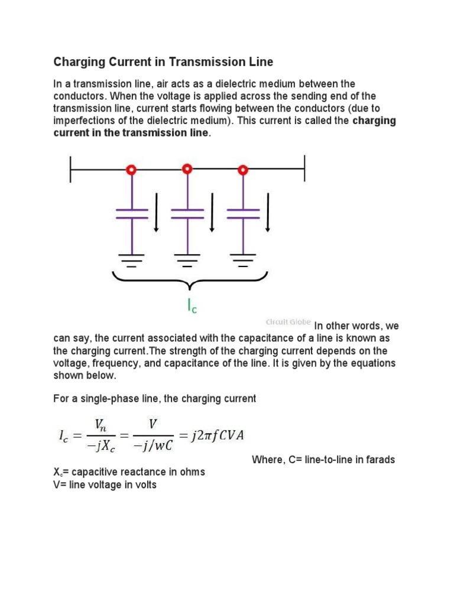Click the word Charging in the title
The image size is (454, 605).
(x=76, y=61)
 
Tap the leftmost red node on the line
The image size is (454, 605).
(x=131, y=170)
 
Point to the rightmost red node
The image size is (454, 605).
(x=242, y=170)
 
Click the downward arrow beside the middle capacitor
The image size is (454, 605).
(x=212, y=213)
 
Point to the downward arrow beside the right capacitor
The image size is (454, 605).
(x=268, y=213)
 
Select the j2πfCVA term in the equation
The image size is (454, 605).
(x=216, y=436)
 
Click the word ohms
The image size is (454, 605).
(x=193, y=472)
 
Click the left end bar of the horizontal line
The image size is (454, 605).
(x=71, y=170)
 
